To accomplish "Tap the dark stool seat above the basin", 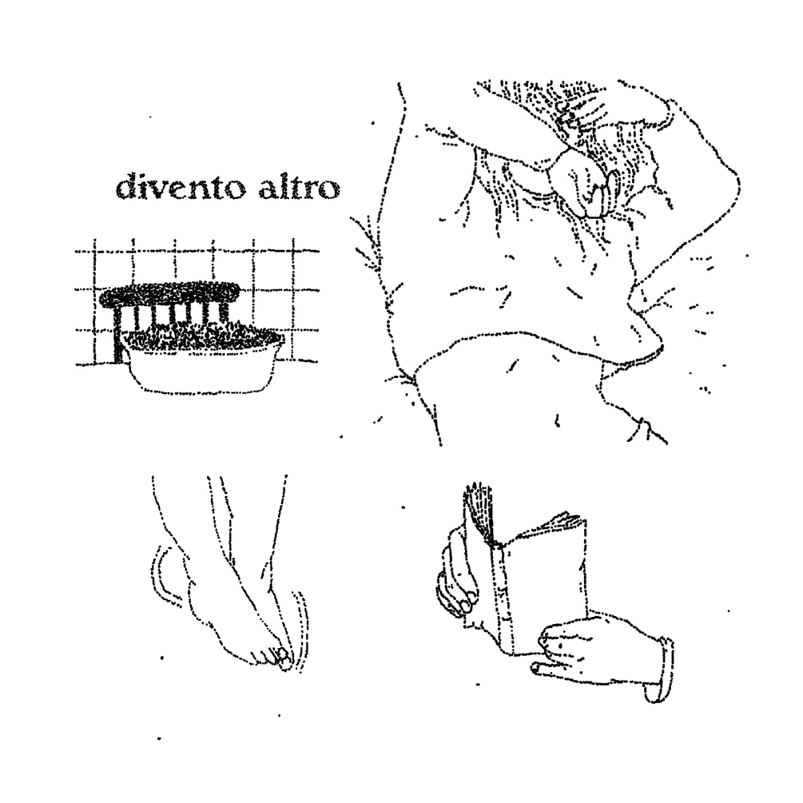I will click(173, 296).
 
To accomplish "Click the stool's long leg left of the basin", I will click(119, 335).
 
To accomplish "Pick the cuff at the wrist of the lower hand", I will click(659, 671).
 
